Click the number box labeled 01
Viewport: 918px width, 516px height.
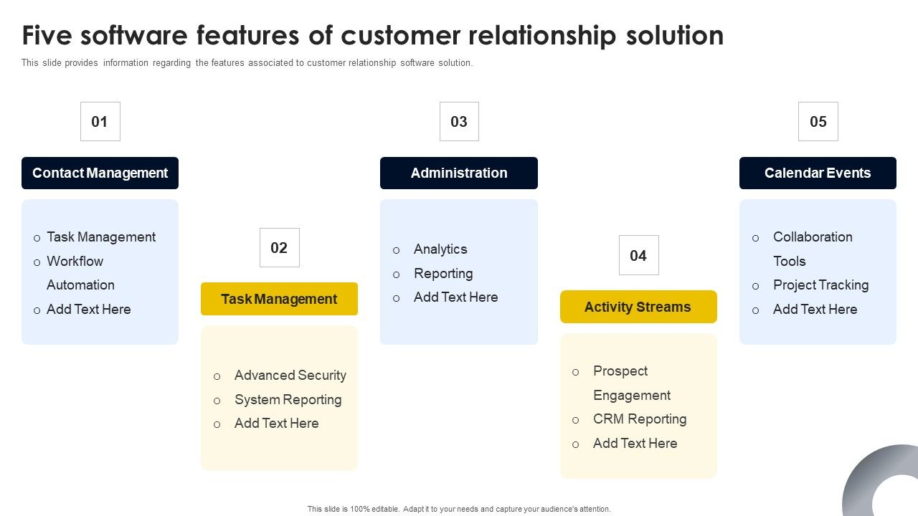point(100,122)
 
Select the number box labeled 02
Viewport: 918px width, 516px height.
point(279,248)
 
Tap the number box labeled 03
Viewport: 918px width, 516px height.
point(459,122)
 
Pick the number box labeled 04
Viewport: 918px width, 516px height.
point(638,256)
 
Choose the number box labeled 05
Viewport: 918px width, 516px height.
point(818,122)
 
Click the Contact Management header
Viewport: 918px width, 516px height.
point(100,173)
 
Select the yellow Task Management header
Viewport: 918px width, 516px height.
point(279,300)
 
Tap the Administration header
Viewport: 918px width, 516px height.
point(459,173)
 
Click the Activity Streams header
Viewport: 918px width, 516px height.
point(638,307)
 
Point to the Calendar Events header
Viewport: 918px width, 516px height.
point(818,173)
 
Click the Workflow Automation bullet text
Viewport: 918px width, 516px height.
point(80,273)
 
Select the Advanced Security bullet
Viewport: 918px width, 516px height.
point(290,376)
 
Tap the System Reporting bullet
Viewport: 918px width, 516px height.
point(288,400)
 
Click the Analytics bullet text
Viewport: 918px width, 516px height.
point(440,249)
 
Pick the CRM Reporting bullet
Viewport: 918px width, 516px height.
point(640,419)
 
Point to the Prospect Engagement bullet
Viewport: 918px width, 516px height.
point(631,383)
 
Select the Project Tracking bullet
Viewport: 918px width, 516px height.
point(820,285)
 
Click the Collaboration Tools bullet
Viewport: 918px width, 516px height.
point(812,249)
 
